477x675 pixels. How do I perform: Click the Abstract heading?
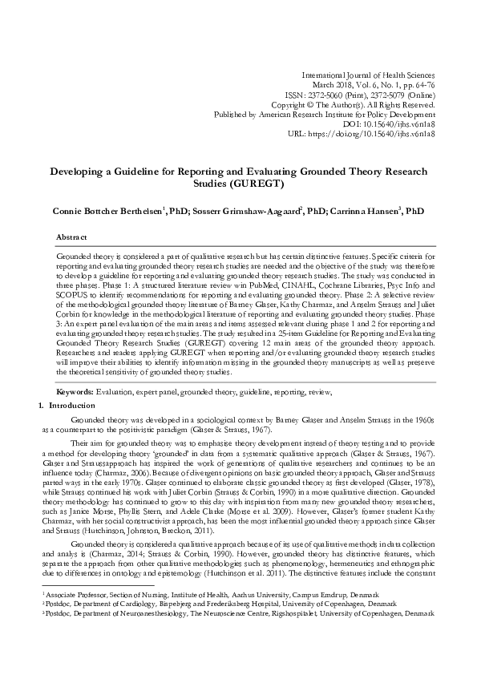[71, 238]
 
